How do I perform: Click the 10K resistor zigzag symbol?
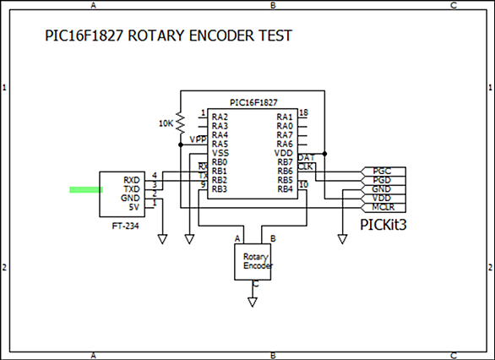(180, 123)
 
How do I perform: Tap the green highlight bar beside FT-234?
(86, 189)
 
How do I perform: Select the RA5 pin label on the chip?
(220, 145)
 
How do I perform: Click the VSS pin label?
(220, 153)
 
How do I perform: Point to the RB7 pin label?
(285, 162)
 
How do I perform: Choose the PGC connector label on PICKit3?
(382, 172)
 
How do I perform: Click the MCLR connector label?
(383, 207)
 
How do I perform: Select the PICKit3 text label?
(383, 225)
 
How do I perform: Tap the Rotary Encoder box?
(253, 262)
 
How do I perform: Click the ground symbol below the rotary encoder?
(253, 302)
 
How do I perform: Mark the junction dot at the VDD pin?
(324, 154)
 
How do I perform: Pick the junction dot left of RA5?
(181, 145)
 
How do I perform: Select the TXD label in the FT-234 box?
(132, 189)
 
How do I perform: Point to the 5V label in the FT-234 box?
(134, 207)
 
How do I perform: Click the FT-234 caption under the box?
(125, 226)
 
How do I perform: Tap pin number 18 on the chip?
(303, 112)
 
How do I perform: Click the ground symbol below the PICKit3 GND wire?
(342, 239)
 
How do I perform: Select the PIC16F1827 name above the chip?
(253, 102)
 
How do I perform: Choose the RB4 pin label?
(285, 189)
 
